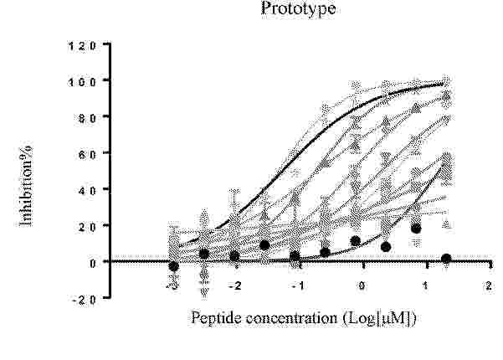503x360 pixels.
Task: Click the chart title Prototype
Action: pyautogui.click(x=298, y=8)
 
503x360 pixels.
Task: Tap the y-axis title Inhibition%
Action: pyautogui.click(x=26, y=183)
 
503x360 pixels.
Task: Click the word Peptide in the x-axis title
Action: pyautogui.click(x=216, y=319)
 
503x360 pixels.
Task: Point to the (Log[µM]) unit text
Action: pyautogui.click(x=379, y=319)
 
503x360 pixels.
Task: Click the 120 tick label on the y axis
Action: pyautogui.click(x=82, y=46)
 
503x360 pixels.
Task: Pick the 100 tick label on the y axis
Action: pyautogui.click(x=82, y=82)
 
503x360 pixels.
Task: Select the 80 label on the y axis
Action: pyautogui.click(x=86, y=118)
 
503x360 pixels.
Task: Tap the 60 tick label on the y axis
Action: pyautogui.click(x=86, y=154)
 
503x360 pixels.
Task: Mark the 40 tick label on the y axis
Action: pyautogui.click(x=86, y=191)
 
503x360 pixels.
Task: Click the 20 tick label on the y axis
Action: pyautogui.click(x=86, y=227)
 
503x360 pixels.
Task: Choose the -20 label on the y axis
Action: pyautogui.click(x=84, y=300)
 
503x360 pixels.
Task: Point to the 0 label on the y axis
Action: pyautogui.click(x=93, y=264)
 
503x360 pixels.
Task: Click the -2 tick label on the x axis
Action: pyautogui.click(x=235, y=285)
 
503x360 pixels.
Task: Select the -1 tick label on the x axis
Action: pyautogui.click(x=298, y=285)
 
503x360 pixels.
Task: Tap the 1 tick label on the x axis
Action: pyautogui.click(x=426, y=285)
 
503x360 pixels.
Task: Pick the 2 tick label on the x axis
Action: pyautogui.click(x=489, y=285)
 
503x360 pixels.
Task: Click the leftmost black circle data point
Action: pyautogui.click(x=173, y=266)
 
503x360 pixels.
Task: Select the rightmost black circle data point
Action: pyautogui.click(x=446, y=259)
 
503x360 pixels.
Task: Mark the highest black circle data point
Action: pyautogui.click(x=416, y=229)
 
